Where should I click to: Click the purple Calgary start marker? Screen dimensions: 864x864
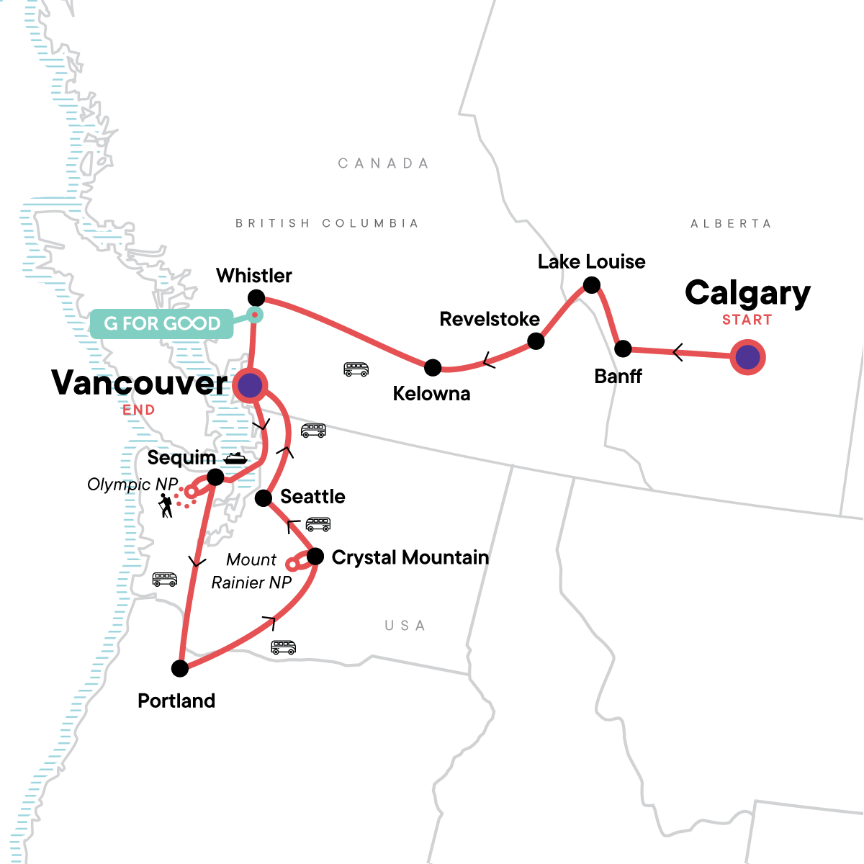(747, 357)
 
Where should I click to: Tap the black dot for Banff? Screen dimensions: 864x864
(623, 349)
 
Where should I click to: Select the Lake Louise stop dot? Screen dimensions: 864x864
(591, 285)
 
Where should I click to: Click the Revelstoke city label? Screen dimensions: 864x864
(490, 319)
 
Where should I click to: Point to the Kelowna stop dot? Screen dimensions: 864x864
(433, 368)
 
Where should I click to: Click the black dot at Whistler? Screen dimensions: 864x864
(256, 297)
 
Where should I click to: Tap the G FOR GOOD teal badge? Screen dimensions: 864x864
(162, 324)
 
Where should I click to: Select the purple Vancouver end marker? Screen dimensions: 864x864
(250, 385)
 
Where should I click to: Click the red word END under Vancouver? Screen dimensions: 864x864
(138, 410)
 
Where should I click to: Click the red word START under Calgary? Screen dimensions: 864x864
(747, 320)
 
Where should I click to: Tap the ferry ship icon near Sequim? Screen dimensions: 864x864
(235, 458)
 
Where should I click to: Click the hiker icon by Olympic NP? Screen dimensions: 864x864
(166, 505)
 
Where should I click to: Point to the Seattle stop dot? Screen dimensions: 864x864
(264, 498)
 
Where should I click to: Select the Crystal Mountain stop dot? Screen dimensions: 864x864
(315, 557)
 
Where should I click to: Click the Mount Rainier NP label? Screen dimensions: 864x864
(251, 571)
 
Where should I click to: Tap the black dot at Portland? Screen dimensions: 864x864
(180, 668)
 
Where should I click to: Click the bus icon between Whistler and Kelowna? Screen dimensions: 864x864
(356, 369)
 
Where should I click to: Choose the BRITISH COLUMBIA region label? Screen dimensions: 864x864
(327, 223)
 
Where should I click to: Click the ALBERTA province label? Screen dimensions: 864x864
(731, 224)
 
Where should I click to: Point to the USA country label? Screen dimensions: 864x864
(405, 626)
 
